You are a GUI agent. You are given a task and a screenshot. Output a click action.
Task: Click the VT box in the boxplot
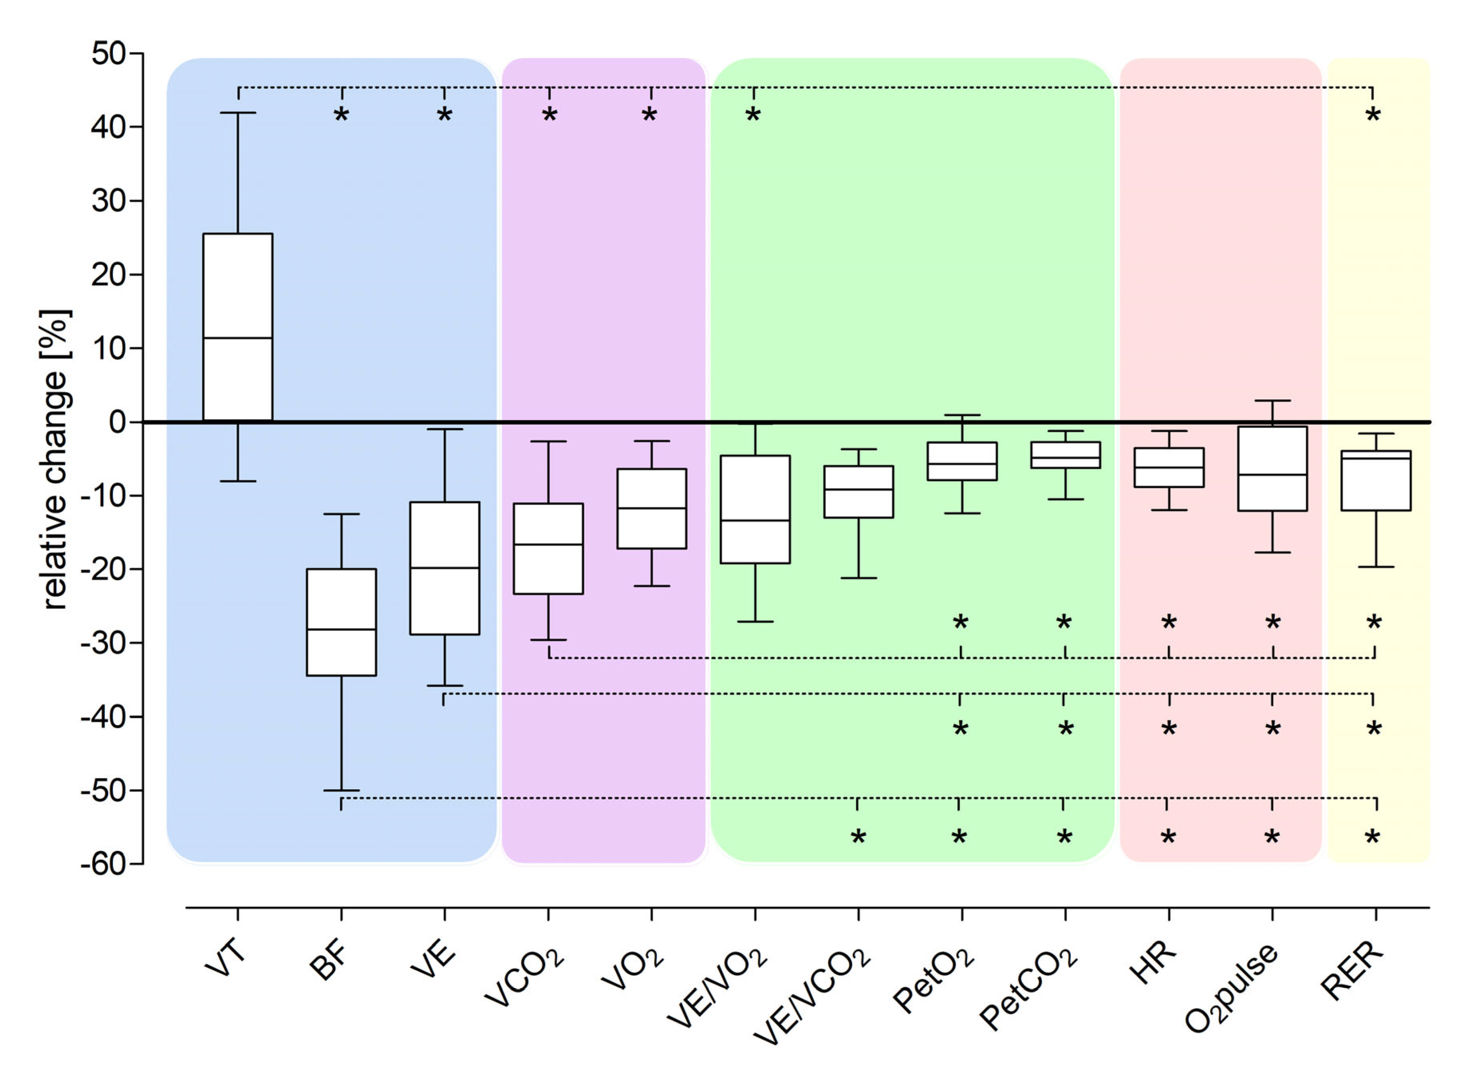click(238, 327)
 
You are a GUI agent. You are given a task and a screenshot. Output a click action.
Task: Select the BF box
click(341, 623)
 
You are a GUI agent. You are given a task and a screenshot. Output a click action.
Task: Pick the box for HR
click(1169, 467)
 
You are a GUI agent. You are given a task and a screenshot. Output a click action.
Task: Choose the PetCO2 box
click(1066, 455)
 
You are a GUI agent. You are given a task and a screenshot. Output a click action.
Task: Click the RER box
click(1376, 480)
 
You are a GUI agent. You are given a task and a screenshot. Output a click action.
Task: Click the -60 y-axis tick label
click(103, 864)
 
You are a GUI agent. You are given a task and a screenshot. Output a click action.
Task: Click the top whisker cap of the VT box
click(238, 113)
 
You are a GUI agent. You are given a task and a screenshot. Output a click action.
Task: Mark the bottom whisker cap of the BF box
click(341, 790)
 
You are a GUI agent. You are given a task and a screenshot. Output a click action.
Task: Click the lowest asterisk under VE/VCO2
click(859, 838)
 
